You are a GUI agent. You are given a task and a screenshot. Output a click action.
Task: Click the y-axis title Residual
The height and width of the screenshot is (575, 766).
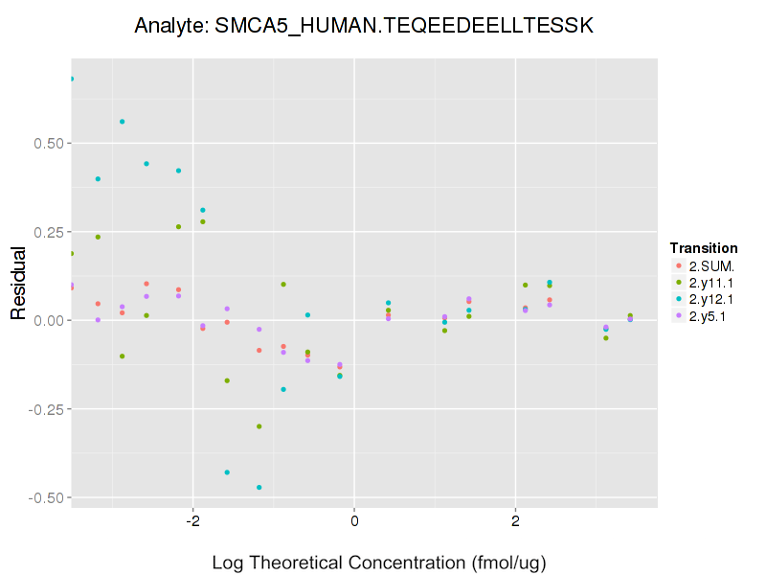(x=18, y=283)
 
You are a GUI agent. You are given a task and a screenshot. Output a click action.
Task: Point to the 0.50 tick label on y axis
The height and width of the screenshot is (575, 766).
(x=44, y=144)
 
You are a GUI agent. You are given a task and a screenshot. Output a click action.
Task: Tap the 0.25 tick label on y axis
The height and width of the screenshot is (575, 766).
(x=44, y=232)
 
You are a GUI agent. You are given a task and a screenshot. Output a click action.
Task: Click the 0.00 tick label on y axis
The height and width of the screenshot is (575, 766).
(x=44, y=320)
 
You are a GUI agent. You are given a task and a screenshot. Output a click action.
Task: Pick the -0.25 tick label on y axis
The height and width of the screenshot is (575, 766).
(x=42, y=409)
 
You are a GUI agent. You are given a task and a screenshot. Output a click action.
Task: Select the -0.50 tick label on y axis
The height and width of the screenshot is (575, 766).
(x=42, y=497)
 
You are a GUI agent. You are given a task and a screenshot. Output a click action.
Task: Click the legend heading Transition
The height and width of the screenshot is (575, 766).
(x=704, y=248)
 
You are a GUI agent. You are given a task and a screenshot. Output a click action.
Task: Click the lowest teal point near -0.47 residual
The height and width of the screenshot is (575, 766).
(x=259, y=487)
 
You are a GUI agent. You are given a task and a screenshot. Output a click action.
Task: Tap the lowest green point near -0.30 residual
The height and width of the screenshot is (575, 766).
(x=259, y=426)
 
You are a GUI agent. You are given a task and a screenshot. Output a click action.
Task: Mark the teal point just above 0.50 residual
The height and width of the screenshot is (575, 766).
(x=123, y=122)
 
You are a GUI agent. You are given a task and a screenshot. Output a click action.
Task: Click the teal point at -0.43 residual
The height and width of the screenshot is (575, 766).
(x=227, y=472)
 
